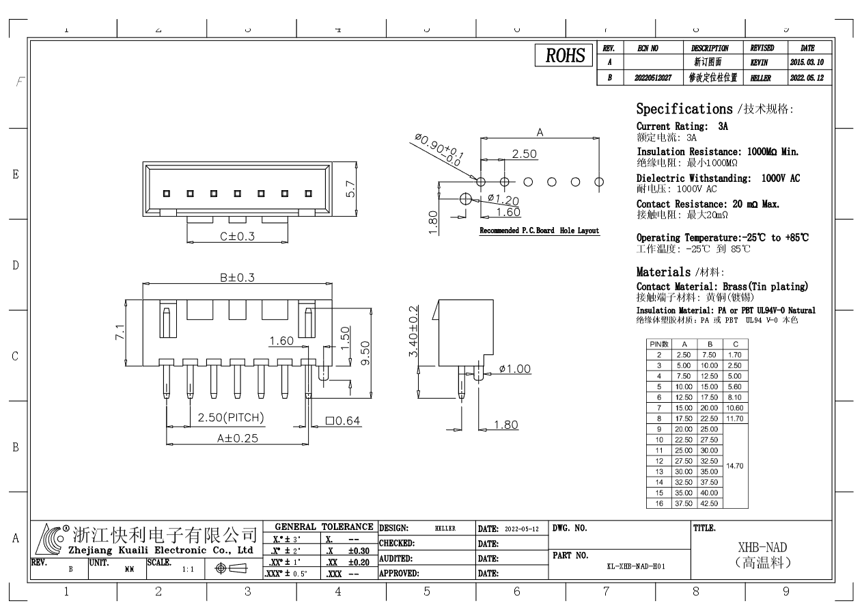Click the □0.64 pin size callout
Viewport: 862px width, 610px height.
click(344, 421)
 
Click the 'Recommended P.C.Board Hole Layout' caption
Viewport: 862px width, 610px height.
click(540, 230)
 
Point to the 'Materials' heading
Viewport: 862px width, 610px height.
click(663, 271)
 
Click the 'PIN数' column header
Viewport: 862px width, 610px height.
click(659, 344)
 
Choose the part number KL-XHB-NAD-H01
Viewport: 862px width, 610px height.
click(636, 566)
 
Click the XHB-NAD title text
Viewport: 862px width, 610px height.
click(762, 548)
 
